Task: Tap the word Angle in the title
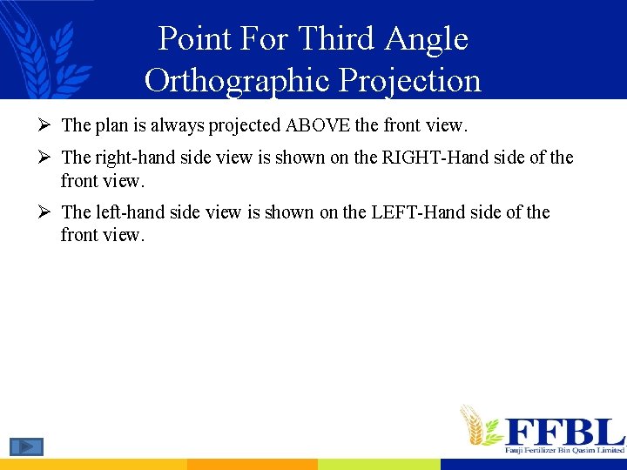click(x=427, y=39)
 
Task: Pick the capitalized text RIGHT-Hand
click(x=432, y=158)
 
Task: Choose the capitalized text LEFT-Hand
click(x=427, y=212)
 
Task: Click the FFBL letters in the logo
click(x=564, y=431)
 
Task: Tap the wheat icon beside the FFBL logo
click(x=477, y=425)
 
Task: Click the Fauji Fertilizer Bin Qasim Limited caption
click(x=564, y=450)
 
